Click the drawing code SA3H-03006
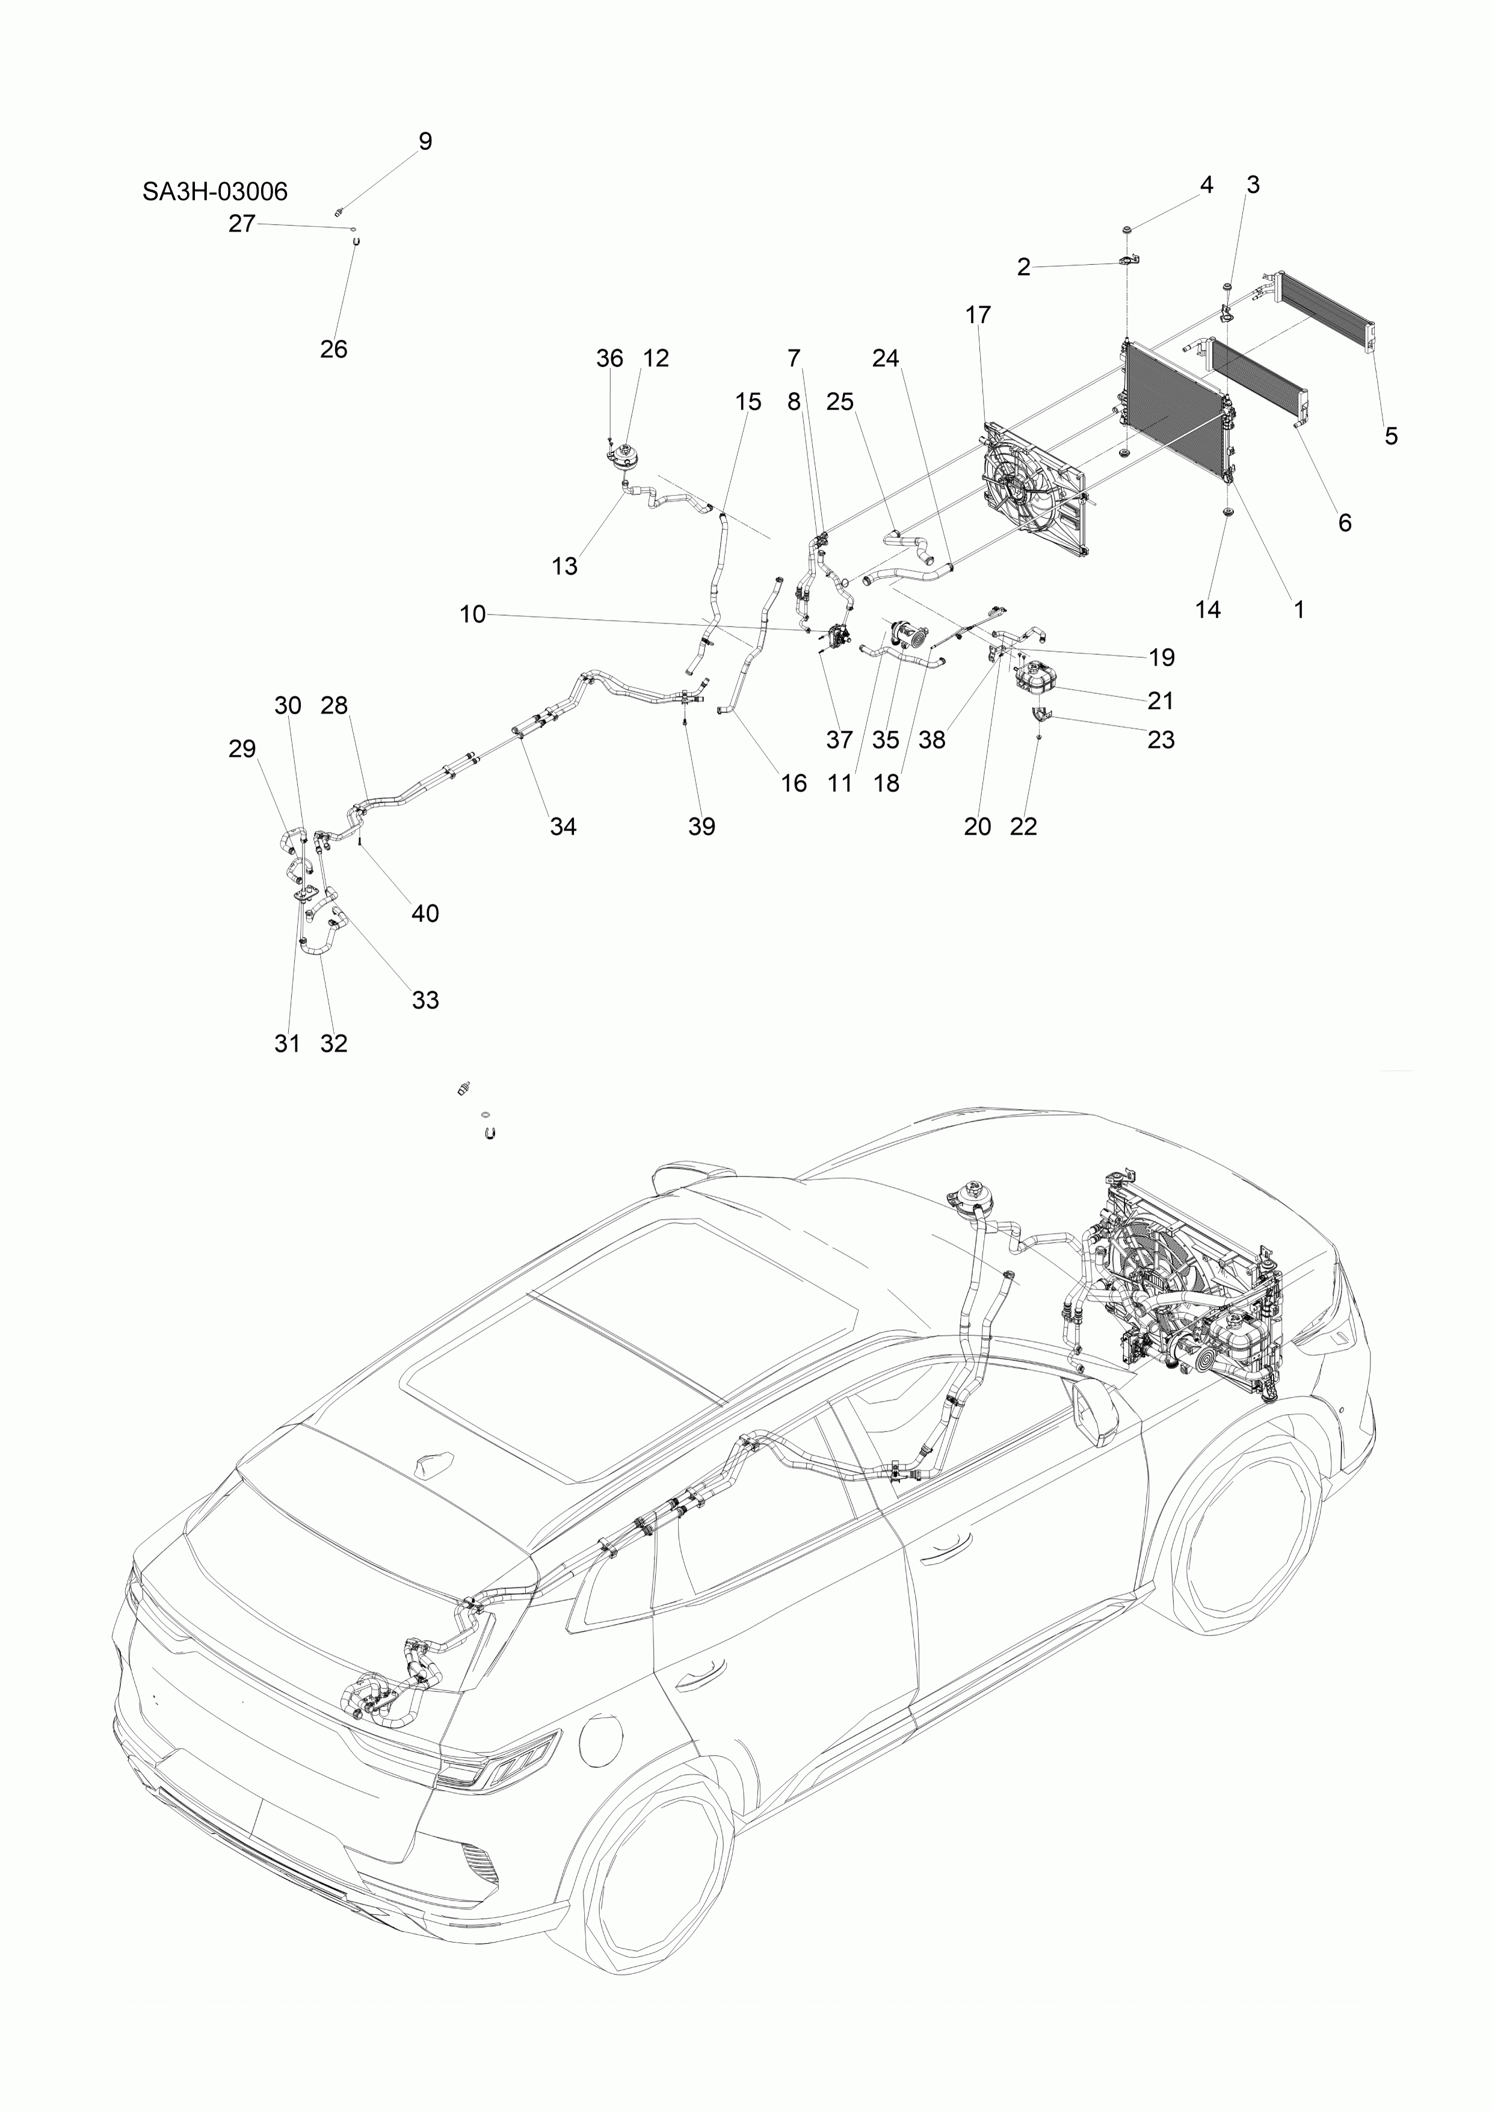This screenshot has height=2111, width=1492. pyautogui.click(x=214, y=191)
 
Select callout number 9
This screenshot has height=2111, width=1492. pyautogui.click(x=425, y=141)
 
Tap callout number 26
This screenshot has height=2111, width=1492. pyautogui.click(x=334, y=350)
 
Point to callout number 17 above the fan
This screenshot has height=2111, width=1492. pyautogui.click(x=978, y=315)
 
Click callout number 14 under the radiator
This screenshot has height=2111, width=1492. pyautogui.click(x=1207, y=610)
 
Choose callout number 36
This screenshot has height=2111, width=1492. pyautogui.click(x=609, y=359)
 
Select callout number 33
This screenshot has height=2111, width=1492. pyautogui.click(x=425, y=1000)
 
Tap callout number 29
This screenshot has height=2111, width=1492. pyautogui.click(x=242, y=749)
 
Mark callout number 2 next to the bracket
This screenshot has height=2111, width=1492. pyautogui.click(x=1023, y=268)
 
